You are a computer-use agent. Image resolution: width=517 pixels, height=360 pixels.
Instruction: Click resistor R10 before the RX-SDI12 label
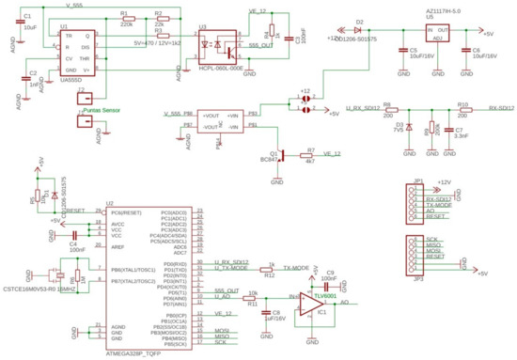(462, 110)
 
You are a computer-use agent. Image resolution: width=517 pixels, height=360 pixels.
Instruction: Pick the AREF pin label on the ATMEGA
(118, 246)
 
